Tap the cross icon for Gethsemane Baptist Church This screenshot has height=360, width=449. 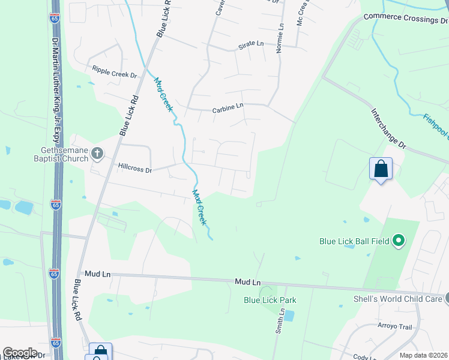point(97,155)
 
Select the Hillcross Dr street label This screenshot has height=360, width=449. point(135,169)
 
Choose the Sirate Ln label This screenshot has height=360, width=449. point(251,44)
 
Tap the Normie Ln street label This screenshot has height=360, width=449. point(279,38)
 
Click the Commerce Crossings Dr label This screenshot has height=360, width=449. point(406,19)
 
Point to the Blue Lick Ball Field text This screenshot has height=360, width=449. point(354,242)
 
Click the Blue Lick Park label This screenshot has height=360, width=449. point(270,300)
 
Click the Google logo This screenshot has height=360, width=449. point(20,353)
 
